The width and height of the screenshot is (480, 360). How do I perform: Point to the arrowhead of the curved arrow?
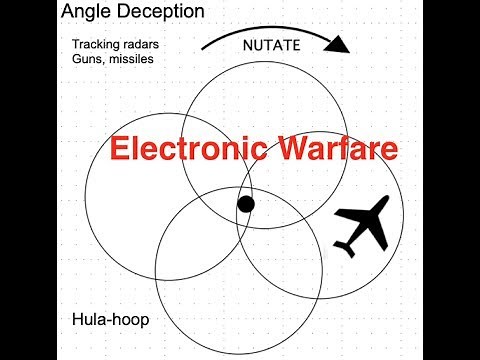342,44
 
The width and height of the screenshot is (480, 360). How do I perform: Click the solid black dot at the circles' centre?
245,205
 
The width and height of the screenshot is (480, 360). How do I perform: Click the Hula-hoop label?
104,322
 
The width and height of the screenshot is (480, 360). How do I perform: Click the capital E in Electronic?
118,149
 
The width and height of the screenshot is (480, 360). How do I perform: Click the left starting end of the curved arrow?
203,48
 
